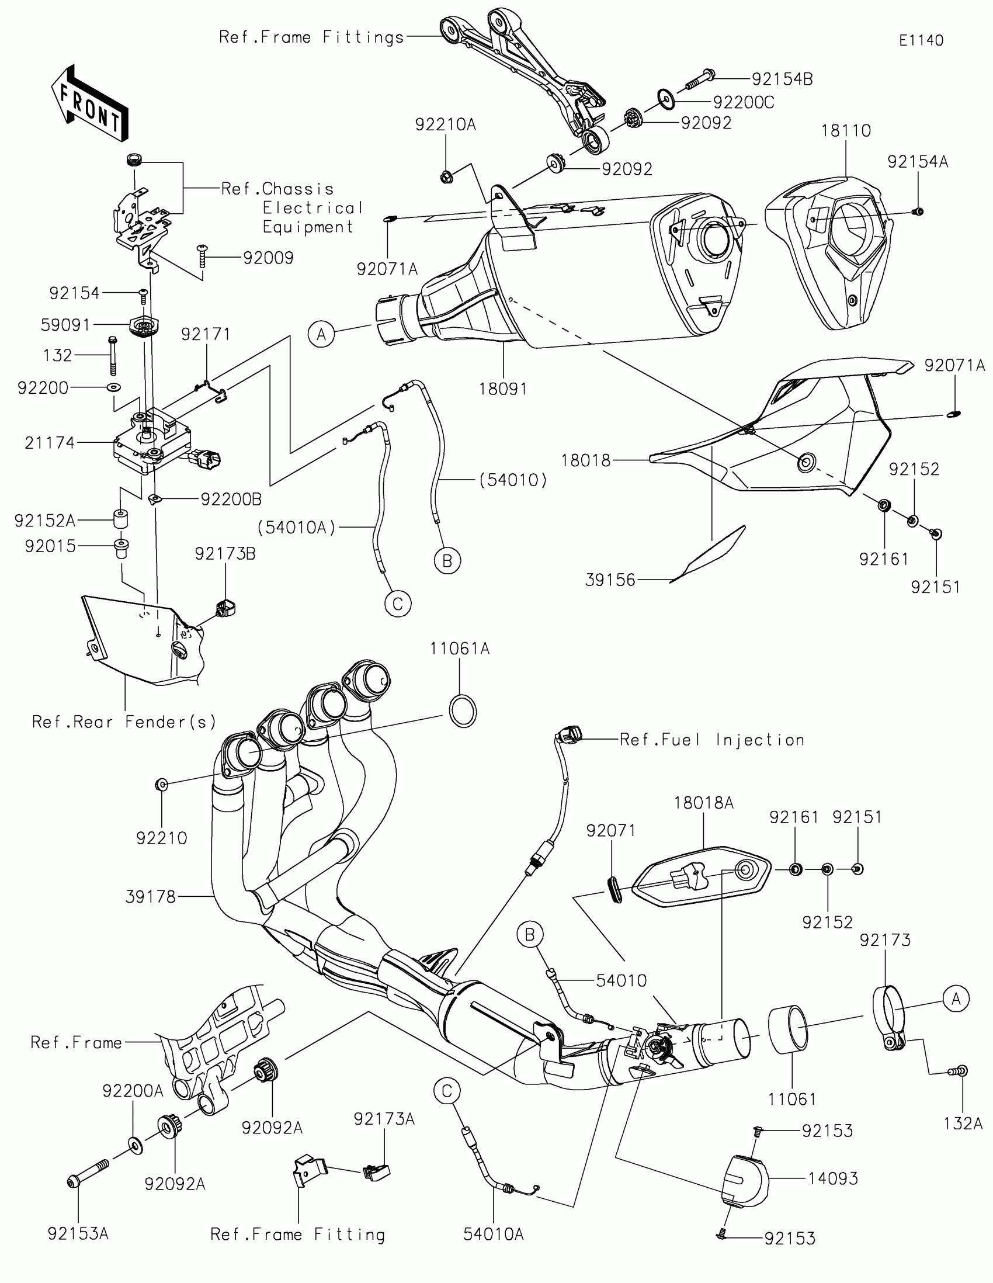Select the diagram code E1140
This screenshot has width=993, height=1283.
[x=921, y=40]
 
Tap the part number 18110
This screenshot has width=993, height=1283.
[x=846, y=130]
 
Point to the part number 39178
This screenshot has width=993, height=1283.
[x=150, y=896]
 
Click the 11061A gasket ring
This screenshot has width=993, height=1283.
[x=463, y=712]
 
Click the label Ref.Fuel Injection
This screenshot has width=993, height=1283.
[x=711, y=740]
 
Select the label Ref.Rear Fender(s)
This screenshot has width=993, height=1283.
[x=124, y=722]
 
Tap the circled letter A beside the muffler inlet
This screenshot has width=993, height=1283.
[x=321, y=335]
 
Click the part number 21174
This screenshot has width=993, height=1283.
[x=50, y=442]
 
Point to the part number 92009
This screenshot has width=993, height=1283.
[x=268, y=258]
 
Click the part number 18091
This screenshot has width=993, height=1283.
[x=503, y=389]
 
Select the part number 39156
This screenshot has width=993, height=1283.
[x=610, y=580]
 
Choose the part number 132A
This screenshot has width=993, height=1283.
[x=963, y=1124]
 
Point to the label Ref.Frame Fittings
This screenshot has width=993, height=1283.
[x=311, y=37]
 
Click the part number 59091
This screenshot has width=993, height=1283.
[x=65, y=325]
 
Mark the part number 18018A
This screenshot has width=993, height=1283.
[x=703, y=803]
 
